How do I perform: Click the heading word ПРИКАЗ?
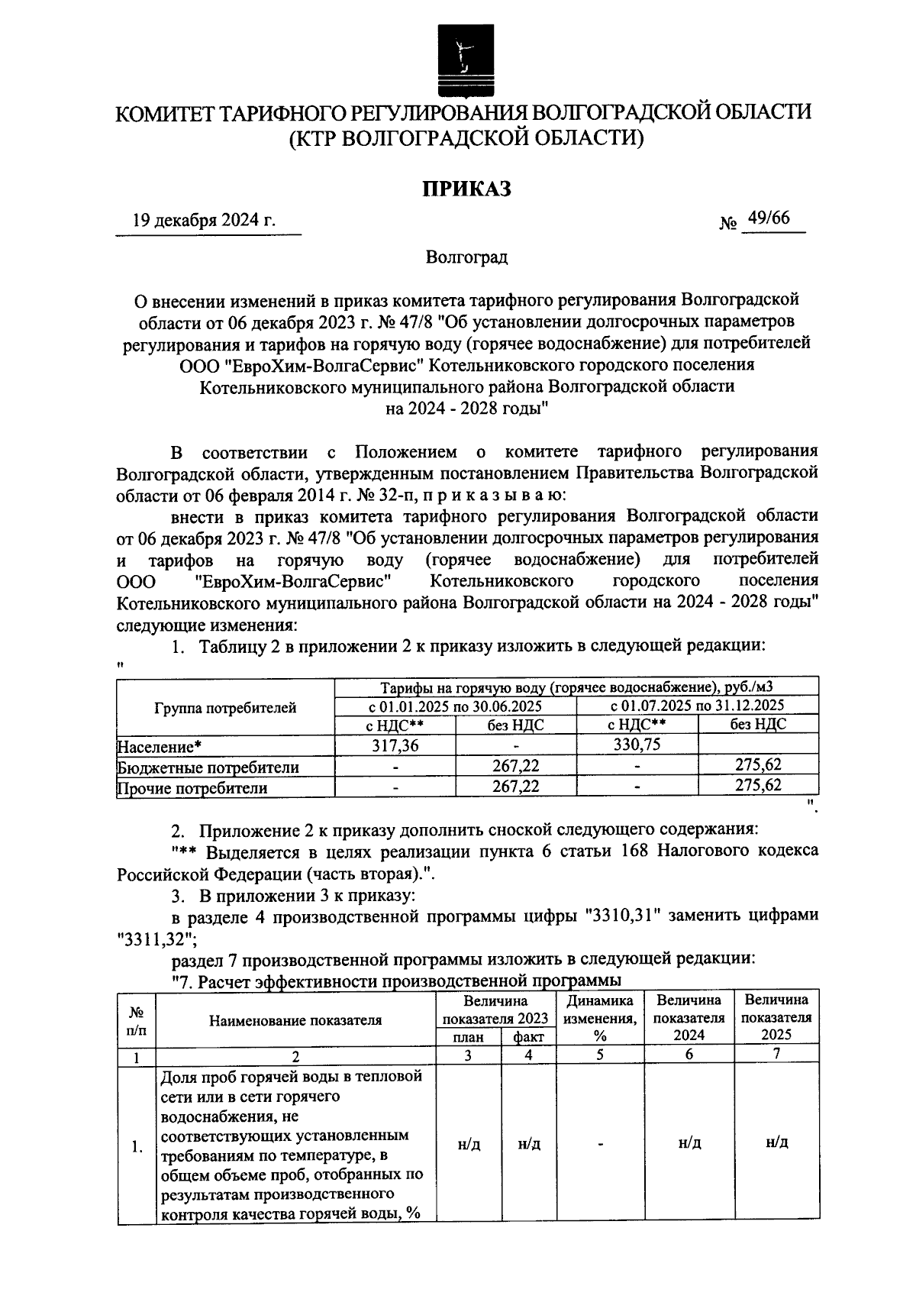click(467, 189)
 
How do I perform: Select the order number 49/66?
click(769, 219)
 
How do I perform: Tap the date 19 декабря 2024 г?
click(204, 221)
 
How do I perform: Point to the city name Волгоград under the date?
click(467, 257)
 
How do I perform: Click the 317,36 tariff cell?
click(395, 745)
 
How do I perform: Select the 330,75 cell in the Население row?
click(637, 745)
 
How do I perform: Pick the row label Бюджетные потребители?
click(208, 767)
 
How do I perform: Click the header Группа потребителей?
click(225, 708)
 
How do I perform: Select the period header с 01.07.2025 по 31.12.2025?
click(698, 705)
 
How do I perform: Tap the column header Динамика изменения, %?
click(600, 1018)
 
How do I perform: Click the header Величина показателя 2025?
click(776, 1018)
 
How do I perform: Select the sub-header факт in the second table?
click(528, 1036)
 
